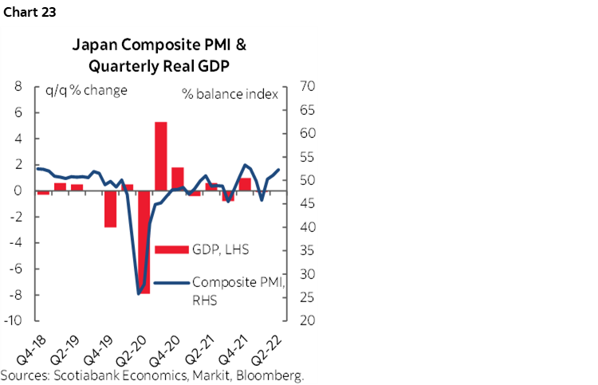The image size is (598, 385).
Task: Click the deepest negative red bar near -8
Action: [x=144, y=242]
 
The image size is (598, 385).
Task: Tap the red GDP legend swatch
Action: [x=171, y=249]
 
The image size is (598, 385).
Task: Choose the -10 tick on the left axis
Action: [x=14, y=321]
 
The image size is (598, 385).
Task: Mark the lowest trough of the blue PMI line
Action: [x=139, y=293]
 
